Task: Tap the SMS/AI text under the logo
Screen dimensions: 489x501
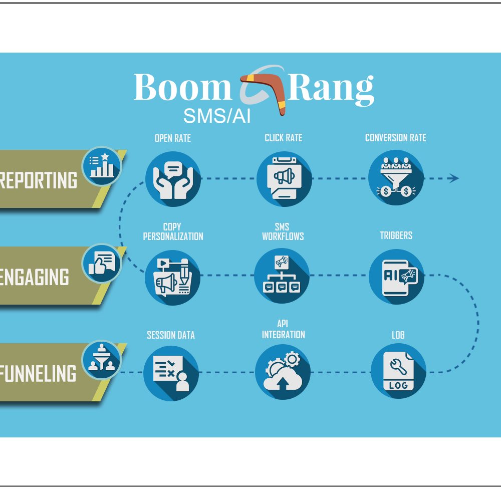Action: pyautogui.click(x=217, y=116)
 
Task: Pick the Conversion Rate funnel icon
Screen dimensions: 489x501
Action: pyautogui.click(x=396, y=178)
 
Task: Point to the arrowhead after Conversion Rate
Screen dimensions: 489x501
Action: pyautogui.click(x=454, y=178)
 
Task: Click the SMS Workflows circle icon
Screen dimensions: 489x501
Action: pyautogui.click(x=282, y=276)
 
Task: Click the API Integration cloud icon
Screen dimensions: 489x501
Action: pyautogui.click(x=283, y=372)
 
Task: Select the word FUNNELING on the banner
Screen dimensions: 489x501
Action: pyautogui.click(x=38, y=374)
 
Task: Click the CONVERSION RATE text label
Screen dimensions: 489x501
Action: pyautogui.click(x=395, y=138)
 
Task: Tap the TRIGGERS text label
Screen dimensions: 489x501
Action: pyautogui.click(x=396, y=235)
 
